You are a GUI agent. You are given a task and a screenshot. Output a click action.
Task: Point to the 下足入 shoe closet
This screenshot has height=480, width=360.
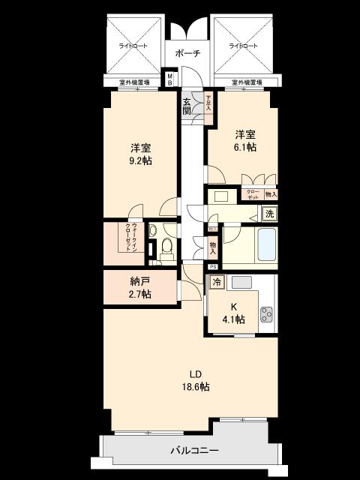click(x=208, y=103)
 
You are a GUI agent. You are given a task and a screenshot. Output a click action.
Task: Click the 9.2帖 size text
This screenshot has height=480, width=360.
click(x=139, y=160)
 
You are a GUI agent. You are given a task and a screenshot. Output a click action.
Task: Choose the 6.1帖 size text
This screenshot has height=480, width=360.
click(x=244, y=148)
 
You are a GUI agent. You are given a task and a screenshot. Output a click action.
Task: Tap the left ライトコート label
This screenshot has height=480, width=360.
click(x=133, y=46)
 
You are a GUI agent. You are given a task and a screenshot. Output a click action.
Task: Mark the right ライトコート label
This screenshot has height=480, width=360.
click(x=242, y=46)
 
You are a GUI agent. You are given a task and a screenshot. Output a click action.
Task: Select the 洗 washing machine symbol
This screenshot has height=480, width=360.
click(x=268, y=214)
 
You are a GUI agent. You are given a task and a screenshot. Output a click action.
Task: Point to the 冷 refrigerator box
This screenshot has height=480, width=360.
click(x=217, y=283)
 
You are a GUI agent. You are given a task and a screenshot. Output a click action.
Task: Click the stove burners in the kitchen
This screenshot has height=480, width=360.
click(x=268, y=313)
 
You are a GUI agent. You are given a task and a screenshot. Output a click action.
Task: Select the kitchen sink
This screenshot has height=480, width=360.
click(x=241, y=282)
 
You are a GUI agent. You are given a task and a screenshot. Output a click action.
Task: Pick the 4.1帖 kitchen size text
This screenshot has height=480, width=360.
click(x=233, y=319)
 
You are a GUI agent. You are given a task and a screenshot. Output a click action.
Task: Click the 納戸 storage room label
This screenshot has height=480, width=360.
click(x=139, y=282)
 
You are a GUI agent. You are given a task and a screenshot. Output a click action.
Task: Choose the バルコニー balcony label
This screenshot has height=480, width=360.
click(x=193, y=451)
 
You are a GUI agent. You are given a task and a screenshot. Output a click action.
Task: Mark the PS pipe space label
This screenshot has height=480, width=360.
click(x=213, y=267)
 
